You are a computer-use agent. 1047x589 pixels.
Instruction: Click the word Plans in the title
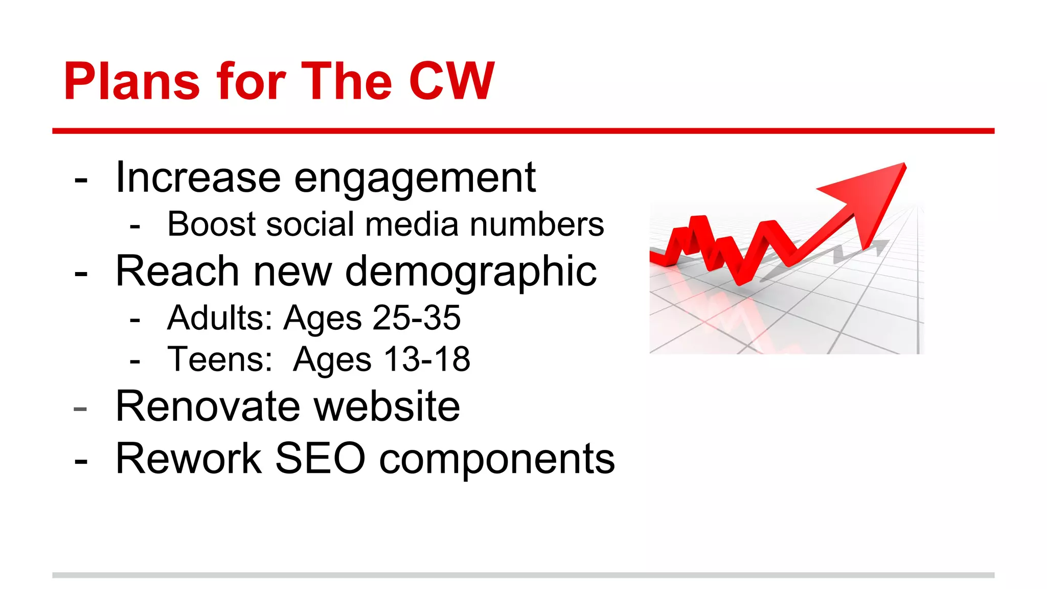click(x=131, y=82)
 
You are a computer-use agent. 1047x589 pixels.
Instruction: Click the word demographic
click(x=471, y=272)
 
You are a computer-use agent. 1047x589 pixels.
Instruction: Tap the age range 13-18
click(x=427, y=359)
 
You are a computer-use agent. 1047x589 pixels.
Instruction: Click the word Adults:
click(x=220, y=318)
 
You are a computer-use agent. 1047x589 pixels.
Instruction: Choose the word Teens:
click(x=220, y=359)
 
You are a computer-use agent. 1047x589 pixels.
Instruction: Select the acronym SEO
click(x=320, y=459)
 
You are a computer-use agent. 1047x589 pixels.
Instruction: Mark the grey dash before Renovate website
click(x=80, y=409)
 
